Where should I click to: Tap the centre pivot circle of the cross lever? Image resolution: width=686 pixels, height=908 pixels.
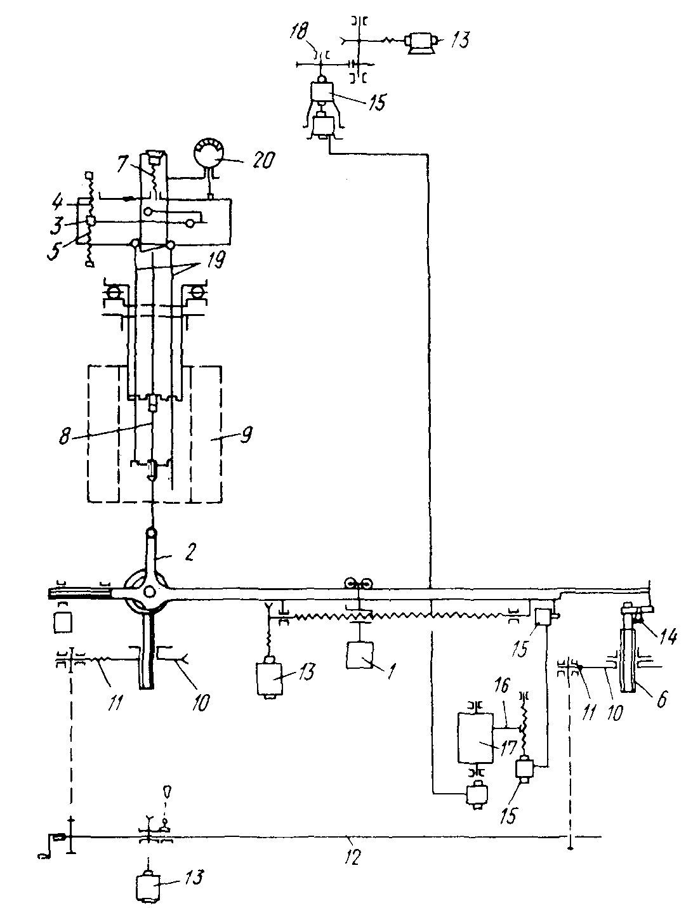[150, 591]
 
